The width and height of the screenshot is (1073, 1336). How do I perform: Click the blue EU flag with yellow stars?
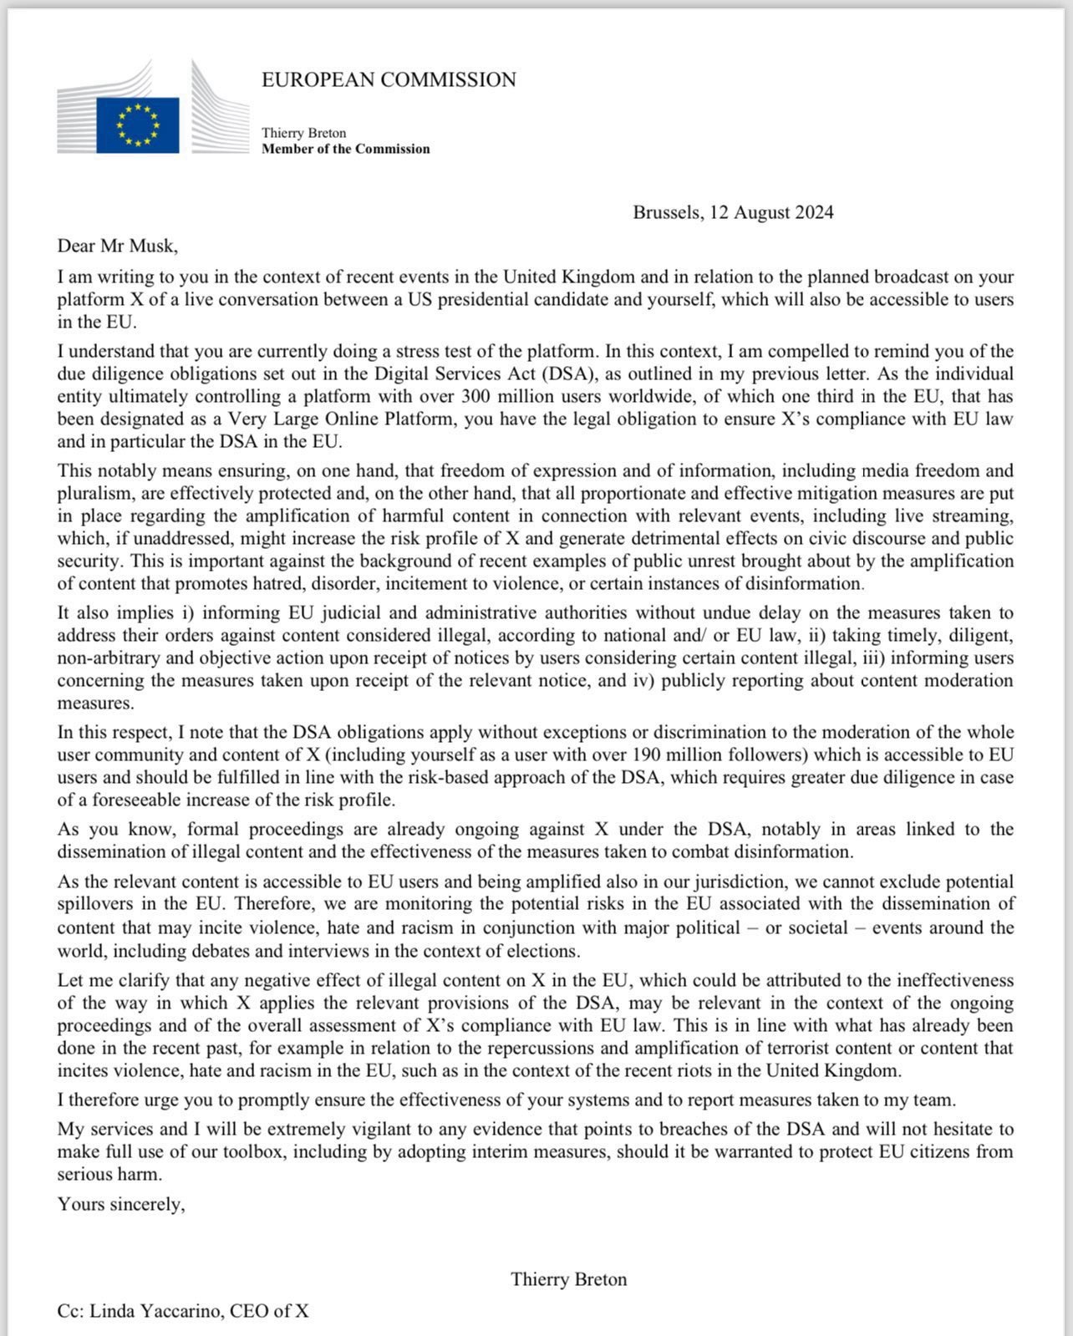(138, 125)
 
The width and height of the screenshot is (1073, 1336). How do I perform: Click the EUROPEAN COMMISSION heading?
(389, 80)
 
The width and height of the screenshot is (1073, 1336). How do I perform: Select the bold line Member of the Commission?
(345, 149)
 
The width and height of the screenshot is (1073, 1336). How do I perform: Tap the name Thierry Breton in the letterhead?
(303, 133)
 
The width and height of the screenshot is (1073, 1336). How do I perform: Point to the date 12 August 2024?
(771, 212)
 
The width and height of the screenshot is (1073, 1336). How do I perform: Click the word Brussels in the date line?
(667, 212)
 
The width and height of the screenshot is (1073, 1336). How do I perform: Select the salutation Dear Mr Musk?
(117, 246)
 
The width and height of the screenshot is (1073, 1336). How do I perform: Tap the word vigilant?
(379, 1129)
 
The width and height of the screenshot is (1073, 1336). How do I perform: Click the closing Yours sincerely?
(120, 1204)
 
